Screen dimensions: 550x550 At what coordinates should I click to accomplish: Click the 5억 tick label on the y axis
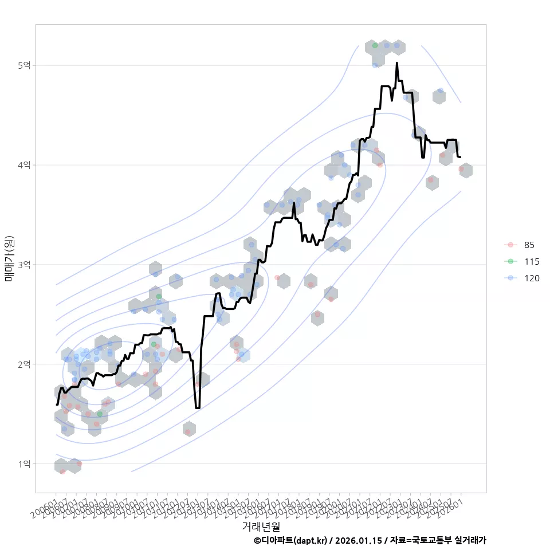(23, 65)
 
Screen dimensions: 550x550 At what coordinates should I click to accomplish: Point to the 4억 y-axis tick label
(23, 165)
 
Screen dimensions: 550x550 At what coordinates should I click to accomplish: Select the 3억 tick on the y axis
(23, 265)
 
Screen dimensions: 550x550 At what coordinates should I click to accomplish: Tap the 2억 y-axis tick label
(23, 364)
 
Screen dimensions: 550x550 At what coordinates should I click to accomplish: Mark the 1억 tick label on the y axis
(23, 463)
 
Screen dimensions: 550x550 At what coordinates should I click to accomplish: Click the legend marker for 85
(510, 245)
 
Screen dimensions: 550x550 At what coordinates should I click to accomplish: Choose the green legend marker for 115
(510, 262)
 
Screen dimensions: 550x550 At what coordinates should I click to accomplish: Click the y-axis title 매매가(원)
(9, 259)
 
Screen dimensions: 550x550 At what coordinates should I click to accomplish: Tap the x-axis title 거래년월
(261, 526)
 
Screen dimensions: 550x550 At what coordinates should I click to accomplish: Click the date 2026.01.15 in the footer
(359, 540)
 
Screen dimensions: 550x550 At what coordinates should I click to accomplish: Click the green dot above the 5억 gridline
(375, 45)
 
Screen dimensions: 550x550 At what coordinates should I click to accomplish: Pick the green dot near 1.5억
(100, 414)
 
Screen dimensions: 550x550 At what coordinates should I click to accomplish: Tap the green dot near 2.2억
(154, 344)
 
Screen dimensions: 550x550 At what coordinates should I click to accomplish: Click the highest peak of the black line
(396, 64)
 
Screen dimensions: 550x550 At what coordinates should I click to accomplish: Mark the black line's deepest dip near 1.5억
(198, 407)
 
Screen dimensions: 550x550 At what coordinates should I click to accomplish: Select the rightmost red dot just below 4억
(461, 169)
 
